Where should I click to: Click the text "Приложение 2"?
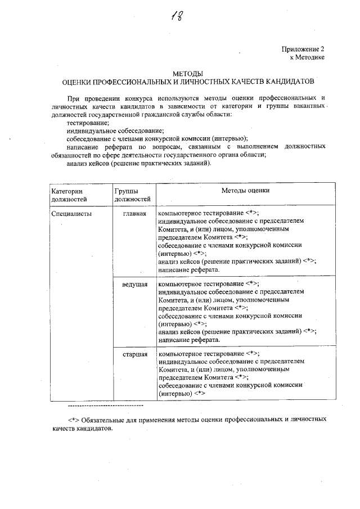[x=303, y=49]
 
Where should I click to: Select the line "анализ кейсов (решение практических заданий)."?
[x=139, y=164]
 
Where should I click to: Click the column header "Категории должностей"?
[x=70, y=195]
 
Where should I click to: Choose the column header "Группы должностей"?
[x=133, y=195]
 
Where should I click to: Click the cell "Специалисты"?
[x=71, y=214]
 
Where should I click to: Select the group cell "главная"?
[x=135, y=214]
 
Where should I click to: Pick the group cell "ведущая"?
[x=135, y=285]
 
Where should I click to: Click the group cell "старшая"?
[x=135, y=354]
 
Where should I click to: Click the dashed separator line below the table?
[x=105, y=405]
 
